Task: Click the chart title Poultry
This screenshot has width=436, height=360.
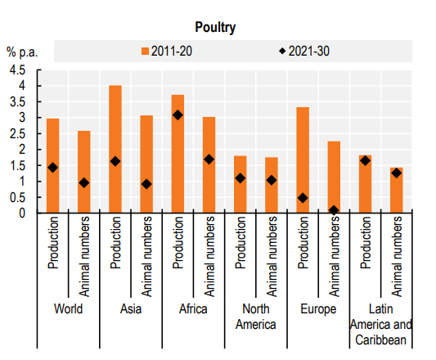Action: pyautogui.click(x=216, y=27)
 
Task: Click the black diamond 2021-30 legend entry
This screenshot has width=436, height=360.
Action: pyautogui.click(x=303, y=51)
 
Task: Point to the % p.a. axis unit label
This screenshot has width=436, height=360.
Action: pyautogui.click(x=23, y=51)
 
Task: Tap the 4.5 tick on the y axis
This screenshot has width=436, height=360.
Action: pyautogui.click(x=17, y=70)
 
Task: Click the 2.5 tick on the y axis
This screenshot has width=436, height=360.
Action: pyautogui.click(x=17, y=133)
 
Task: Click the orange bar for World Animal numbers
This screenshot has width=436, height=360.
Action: pyautogui.click(x=84, y=172)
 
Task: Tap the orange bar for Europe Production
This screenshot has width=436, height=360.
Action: pyautogui.click(x=303, y=160)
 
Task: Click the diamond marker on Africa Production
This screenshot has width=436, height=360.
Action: pyautogui.click(x=178, y=115)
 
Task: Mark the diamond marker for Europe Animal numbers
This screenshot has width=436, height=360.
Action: pyautogui.click(x=334, y=210)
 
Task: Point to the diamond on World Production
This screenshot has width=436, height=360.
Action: pyautogui.click(x=53, y=168)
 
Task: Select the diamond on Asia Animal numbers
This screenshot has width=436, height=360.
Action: pyautogui.click(x=146, y=184)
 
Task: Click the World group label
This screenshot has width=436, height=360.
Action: pyautogui.click(x=68, y=309)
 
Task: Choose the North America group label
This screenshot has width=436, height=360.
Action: pyautogui.click(x=255, y=316)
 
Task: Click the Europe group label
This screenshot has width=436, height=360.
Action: pyautogui.click(x=317, y=309)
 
